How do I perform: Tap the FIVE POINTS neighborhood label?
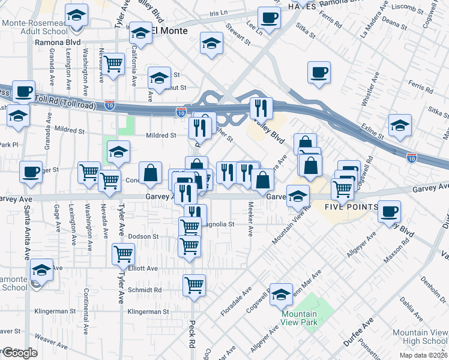pos(351,208)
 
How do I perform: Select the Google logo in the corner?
pos(20,353)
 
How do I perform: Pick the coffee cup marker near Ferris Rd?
pos(319,73)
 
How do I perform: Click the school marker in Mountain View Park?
pos(281,294)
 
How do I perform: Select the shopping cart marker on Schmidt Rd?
pos(194,286)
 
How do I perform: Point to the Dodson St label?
pos(143,236)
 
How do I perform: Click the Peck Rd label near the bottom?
pos(193,328)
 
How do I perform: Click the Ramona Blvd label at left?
pos(57,43)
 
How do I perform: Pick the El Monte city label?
pos(170,31)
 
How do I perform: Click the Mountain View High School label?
pos(420,337)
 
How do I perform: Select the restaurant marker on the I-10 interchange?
pos(261,109)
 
